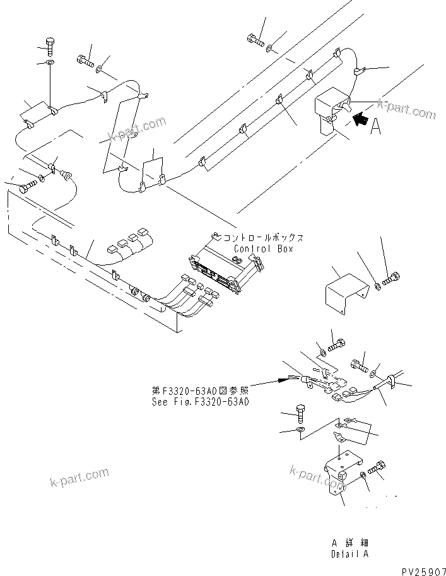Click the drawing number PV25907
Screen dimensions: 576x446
point(423,568)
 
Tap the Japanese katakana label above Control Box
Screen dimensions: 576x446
point(264,238)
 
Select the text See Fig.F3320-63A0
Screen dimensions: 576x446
point(200,401)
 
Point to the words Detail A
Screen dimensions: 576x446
point(349,554)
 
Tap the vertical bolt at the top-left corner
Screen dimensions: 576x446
point(50,46)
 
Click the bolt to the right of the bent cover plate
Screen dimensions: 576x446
point(390,277)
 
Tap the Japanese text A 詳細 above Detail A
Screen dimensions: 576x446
point(349,543)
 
